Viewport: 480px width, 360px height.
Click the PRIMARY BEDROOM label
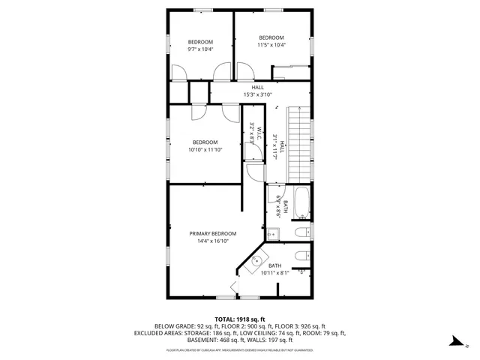coord(213,233)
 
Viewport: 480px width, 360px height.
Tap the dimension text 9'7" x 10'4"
coord(200,49)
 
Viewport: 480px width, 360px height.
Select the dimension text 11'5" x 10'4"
coord(271,46)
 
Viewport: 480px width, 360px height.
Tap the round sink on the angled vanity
coord(258,262)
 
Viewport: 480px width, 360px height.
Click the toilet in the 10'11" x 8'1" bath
coord(301,256)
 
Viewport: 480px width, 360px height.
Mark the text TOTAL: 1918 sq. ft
coord(240,319)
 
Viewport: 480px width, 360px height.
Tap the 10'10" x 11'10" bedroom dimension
coord(205,150)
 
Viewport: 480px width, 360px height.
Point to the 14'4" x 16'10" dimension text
coord(212,241)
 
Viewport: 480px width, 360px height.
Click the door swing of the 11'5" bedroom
coord(246,71)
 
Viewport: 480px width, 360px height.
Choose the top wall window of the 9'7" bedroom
coord(200,10)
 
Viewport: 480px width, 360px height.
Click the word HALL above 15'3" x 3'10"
coord(258,87)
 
